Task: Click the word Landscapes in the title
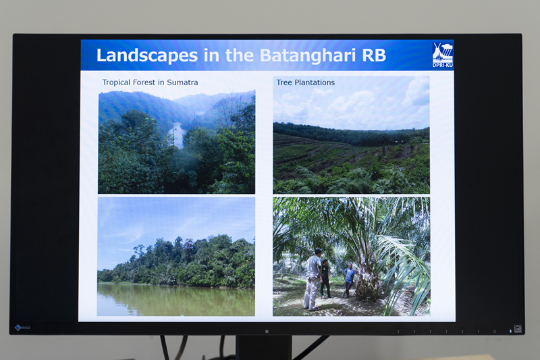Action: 147,55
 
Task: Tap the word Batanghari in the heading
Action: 308,55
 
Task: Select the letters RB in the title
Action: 374,55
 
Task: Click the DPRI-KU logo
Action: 443,55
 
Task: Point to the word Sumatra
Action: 182,82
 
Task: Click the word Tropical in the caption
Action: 116,82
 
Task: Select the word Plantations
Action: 315,82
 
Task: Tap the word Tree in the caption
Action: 284,82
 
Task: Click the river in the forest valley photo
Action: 178,134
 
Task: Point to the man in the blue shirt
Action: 350,280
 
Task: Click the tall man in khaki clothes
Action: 313,279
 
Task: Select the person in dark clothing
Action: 325,279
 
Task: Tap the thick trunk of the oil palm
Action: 366,282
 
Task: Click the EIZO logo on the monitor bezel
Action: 23,328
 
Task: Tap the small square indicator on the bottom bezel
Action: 267,331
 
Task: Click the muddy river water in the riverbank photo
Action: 176,300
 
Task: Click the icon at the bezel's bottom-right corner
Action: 518,329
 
